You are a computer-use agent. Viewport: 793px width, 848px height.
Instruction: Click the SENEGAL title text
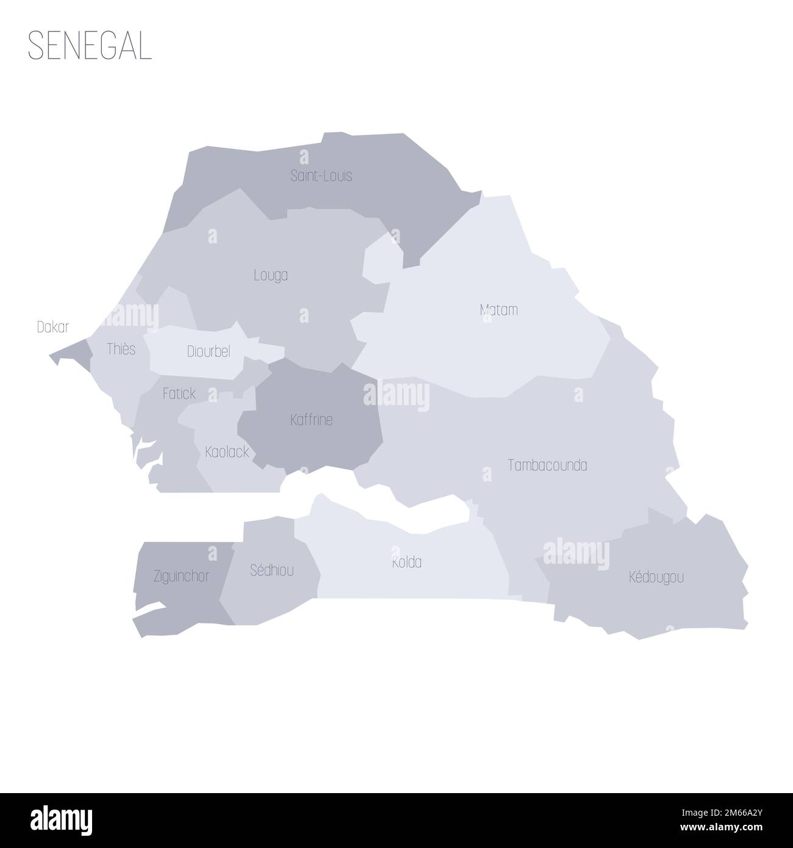90,46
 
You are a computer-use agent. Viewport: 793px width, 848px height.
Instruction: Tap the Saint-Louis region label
321,176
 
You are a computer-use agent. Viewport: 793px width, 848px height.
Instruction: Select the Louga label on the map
271,276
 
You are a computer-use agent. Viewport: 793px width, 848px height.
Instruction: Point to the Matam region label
498,310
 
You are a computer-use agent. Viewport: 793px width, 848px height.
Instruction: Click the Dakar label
53,328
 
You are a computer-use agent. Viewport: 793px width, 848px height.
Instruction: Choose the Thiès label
121,349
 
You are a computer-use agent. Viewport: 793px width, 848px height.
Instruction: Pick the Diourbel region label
208,352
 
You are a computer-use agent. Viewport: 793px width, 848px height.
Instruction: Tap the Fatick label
179,394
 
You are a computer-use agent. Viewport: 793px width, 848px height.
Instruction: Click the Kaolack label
227,453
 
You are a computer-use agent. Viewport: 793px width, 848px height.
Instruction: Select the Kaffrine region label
311,420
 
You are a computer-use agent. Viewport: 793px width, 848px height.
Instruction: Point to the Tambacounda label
547,465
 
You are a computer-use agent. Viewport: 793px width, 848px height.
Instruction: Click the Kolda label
407,562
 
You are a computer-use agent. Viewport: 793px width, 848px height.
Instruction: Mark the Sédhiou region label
271,570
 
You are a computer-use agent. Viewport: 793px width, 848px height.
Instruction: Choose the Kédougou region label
656,577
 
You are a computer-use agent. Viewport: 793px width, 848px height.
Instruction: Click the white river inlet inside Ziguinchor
149,609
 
